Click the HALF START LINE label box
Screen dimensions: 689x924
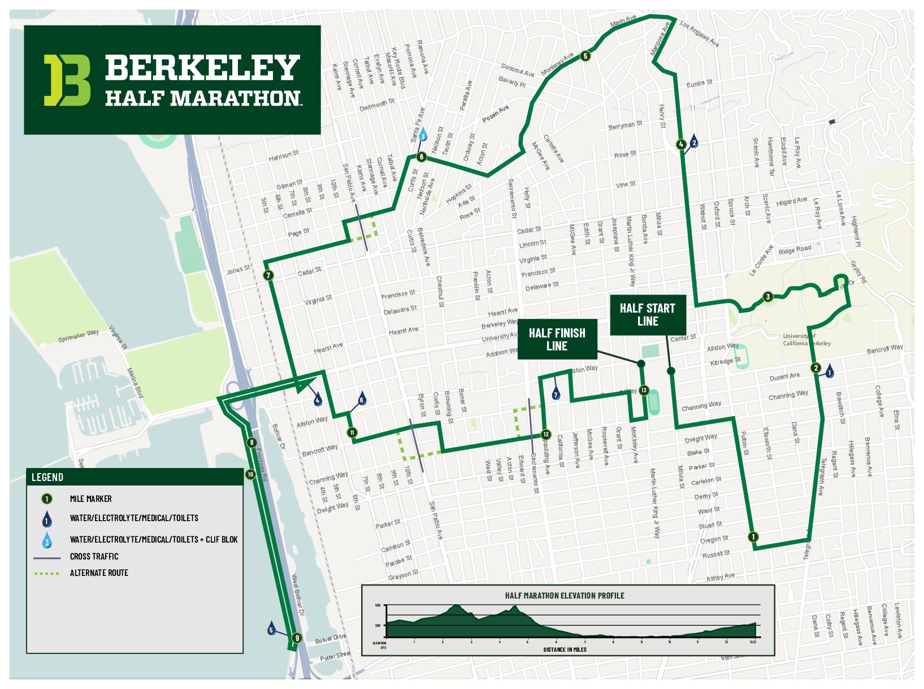click(648, 315)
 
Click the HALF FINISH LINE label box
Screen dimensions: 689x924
click(557, 340)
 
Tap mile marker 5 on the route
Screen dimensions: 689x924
click(585, 56)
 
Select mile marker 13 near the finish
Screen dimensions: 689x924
click(644, 390)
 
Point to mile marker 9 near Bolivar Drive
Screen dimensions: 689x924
click(296, 638)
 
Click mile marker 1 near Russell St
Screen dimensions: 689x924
click(753, 536)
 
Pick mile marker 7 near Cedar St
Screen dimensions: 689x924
click(268, 276)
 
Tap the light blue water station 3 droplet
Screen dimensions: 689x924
click(423, 136)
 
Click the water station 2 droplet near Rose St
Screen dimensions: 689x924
click(694, 142)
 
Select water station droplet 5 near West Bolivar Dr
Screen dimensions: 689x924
click(271, 629)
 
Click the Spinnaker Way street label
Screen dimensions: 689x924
click(78, 336)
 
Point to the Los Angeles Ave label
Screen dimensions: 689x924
click(700, 33)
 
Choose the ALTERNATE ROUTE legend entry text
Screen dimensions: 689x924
click(99, 573)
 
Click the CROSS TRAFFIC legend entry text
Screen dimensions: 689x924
click(94, 556)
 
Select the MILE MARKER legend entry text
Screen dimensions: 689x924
click(90, 499)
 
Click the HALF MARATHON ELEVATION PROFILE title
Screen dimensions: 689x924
click(565, 595)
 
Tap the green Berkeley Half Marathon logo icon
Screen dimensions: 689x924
click(67, 80)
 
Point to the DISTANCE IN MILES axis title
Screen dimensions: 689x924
click(565, 649)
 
